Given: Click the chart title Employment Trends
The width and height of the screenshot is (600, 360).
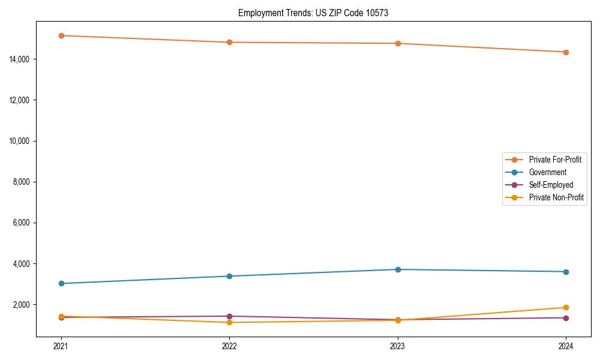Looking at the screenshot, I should point(313,13).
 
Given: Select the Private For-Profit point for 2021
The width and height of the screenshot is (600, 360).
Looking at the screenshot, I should point(61,35).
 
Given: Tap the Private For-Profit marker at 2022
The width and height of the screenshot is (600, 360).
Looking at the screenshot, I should point(229,43).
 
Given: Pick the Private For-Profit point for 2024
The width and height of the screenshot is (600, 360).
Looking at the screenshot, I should point(566,52).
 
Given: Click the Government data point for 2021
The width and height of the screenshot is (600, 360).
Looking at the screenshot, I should point(61,283).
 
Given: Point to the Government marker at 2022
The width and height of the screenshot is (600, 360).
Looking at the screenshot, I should point(229,276).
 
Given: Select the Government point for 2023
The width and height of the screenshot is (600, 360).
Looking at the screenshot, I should point(398,269).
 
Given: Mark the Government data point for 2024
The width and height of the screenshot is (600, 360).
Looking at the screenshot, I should point(566,272).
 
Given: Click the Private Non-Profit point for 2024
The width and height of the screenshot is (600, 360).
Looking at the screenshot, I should point(566,308).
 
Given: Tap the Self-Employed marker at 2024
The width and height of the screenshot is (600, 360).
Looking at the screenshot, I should point(566,318).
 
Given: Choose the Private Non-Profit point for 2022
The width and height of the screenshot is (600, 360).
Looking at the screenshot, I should point(229,323).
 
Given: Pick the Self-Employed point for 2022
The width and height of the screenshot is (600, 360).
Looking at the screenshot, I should point(229,316).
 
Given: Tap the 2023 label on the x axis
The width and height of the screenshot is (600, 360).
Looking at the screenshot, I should point(398,346).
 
